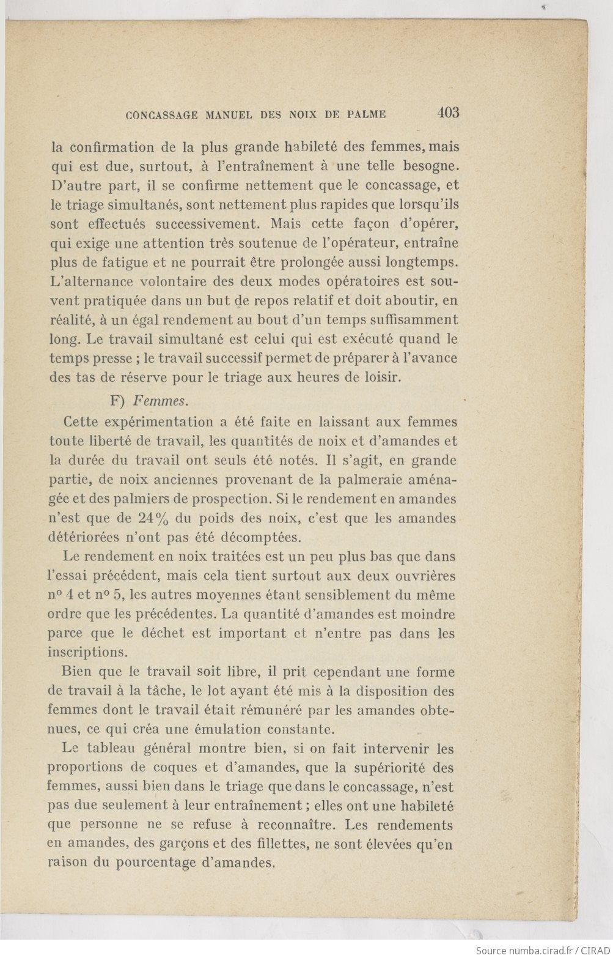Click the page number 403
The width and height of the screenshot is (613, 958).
(x=448, y=113)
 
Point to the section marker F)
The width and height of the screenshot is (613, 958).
(x=118, y=401)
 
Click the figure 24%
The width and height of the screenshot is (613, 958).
(x=153, y=518)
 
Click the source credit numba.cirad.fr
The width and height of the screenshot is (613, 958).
(x=538, y=950)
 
